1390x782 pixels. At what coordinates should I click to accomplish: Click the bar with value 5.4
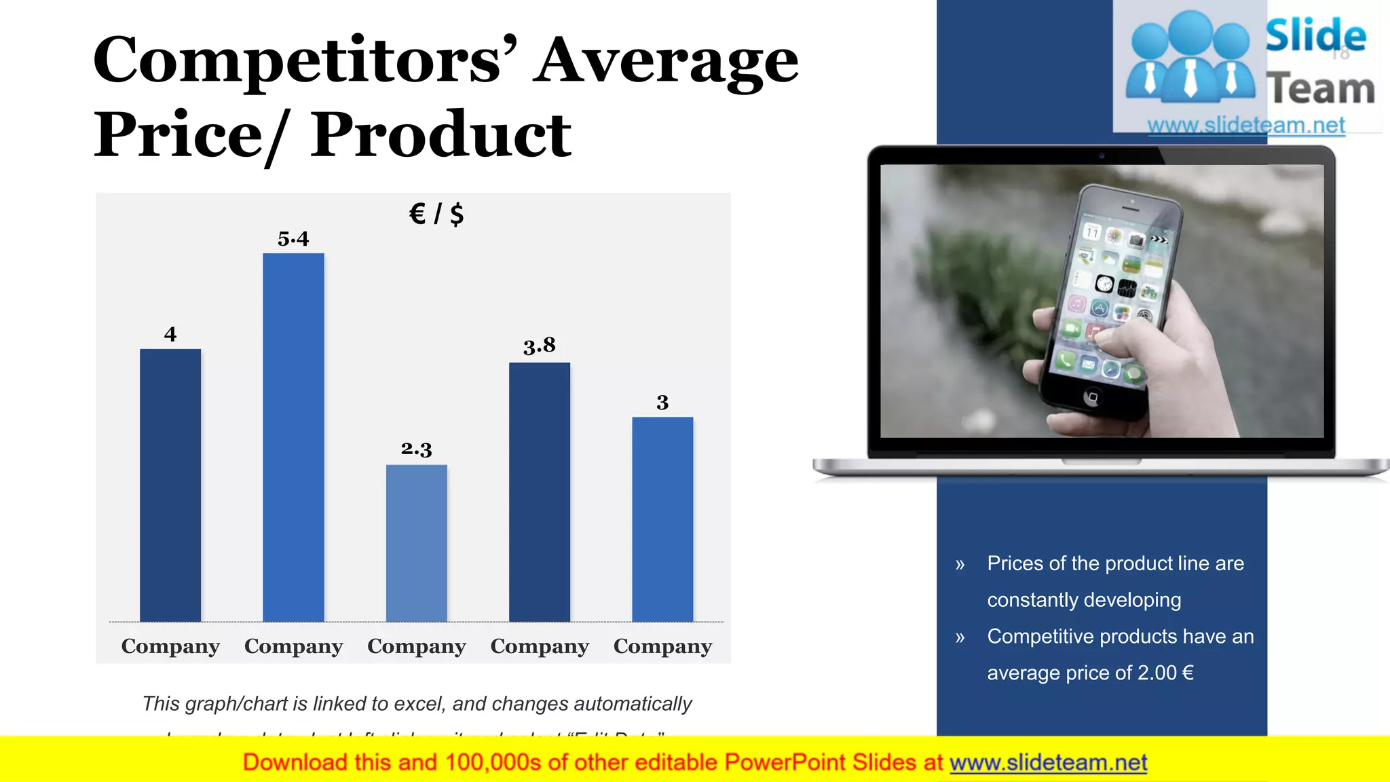[293, 437]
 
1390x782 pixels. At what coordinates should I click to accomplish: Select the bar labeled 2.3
[416, 543]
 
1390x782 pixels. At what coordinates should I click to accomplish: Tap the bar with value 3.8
[540, 491]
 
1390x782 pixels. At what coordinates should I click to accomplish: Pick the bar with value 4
[170, 485]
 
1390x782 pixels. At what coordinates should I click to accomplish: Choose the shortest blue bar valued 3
[662, 519]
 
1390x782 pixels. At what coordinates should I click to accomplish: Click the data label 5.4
[293, 239]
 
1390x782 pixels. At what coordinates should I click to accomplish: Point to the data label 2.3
[416, 449]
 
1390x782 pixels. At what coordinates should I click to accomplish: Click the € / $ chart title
[436, 214]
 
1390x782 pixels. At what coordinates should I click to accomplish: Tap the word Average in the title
[665, 61]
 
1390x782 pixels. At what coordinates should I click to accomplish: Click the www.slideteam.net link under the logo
[1246, 126]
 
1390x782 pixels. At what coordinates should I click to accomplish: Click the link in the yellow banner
[1048, 762]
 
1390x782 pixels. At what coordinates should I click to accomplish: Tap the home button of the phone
[1092, 397]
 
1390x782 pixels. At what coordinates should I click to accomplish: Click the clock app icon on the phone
[1104, 284]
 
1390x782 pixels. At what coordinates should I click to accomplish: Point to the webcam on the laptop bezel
[1102, 155]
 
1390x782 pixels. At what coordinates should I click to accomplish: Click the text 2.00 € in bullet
[1165, 673]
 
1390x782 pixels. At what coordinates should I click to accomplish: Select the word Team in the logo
[1320, 89]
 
